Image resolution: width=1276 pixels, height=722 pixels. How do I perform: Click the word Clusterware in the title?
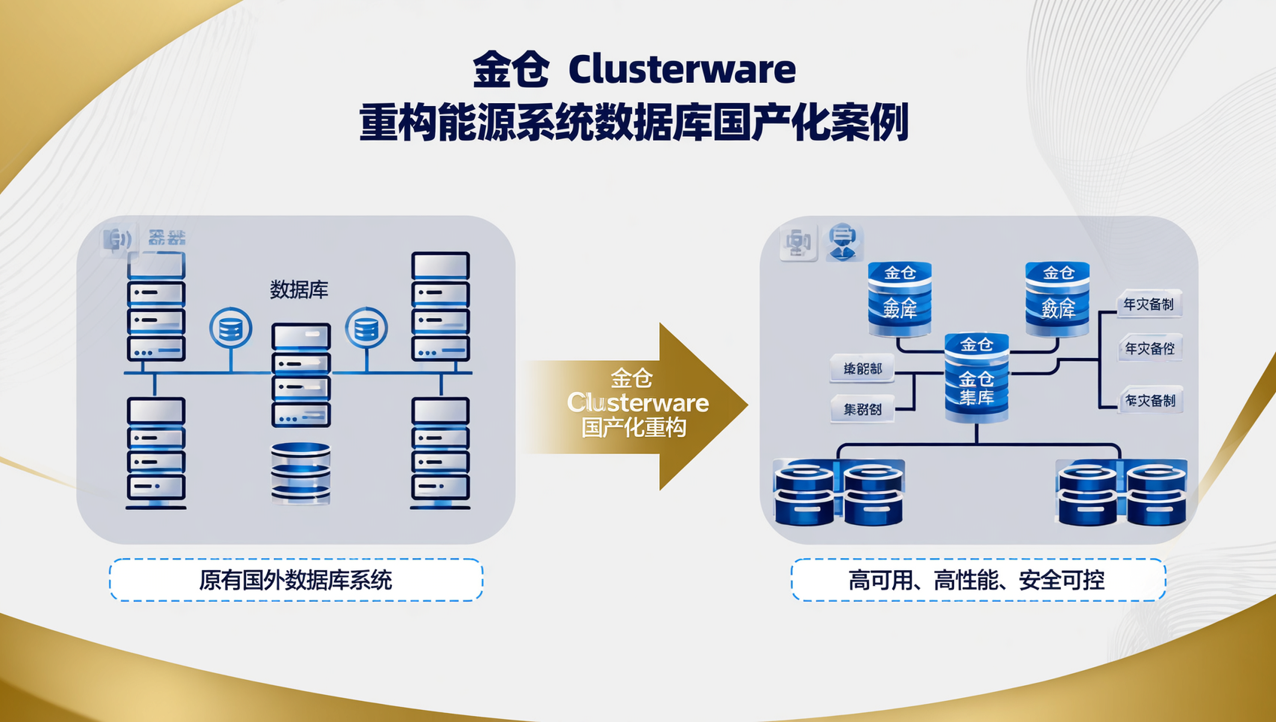(682, 70)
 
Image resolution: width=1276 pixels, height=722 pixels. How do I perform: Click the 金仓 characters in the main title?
(511, 70)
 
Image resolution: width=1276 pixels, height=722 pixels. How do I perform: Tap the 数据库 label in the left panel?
(299, 290)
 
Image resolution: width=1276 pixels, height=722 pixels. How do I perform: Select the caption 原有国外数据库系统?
(296, 580)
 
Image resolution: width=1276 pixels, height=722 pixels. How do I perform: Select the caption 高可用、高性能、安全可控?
(977, 580)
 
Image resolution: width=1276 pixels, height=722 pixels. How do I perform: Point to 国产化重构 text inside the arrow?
(633, 428)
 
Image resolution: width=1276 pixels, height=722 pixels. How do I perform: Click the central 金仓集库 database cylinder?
(977, 378)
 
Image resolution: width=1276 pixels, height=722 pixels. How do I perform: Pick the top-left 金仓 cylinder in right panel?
(900, 298)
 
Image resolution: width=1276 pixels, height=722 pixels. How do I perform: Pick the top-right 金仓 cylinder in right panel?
(1058, 298)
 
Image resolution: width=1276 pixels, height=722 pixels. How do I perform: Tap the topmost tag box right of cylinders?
(1149, 305)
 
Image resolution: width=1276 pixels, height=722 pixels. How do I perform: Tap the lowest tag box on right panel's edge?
(1150, 401)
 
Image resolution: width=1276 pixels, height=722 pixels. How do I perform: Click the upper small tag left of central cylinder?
(862, 369)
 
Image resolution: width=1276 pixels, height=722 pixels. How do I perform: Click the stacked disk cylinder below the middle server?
(301, 472)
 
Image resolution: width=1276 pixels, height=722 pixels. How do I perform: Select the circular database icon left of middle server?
(230, 329)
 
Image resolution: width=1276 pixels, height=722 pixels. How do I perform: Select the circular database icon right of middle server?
(366, 329)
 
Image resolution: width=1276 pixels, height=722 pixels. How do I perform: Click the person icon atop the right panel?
(843, 242)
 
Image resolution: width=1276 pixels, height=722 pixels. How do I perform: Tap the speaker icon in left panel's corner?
(117, 240)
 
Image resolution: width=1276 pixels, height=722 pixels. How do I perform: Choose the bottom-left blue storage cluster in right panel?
(839, 493)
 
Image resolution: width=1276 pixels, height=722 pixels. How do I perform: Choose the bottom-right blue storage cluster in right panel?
(1122, 493)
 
